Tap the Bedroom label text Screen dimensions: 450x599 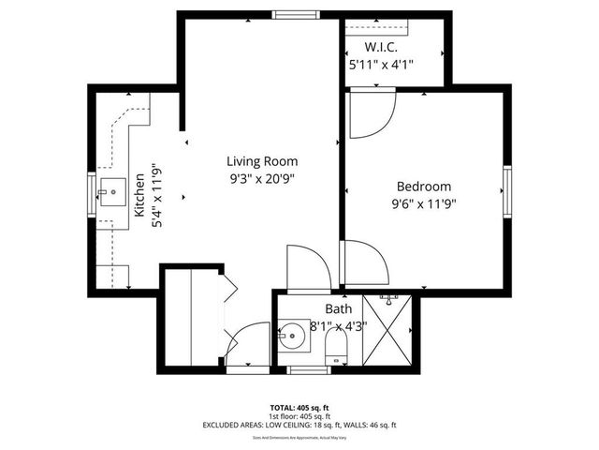423,187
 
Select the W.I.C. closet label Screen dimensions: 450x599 382,47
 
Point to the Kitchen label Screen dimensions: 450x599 139,195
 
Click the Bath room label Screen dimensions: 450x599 338,308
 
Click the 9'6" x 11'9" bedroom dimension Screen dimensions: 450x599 423,203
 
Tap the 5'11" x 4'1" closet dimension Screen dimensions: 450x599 381,65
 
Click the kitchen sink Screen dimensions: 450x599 112,192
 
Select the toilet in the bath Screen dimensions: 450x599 334,352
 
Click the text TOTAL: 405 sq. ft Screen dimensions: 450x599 299,408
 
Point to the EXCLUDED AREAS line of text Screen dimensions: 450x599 299,425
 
